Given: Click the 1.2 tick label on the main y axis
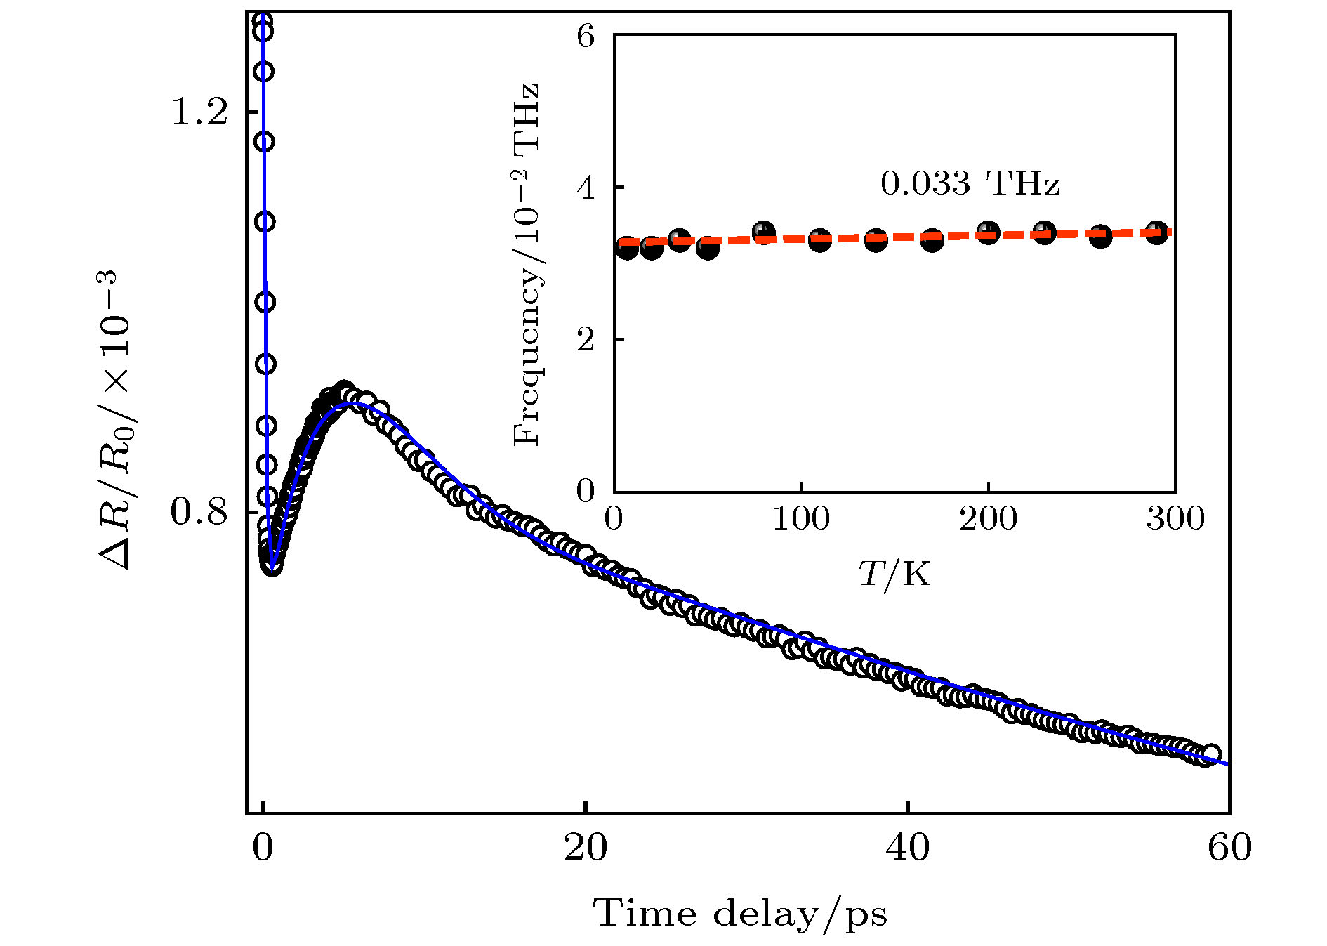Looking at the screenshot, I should point(199,112).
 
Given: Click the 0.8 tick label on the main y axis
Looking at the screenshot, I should point(199,512).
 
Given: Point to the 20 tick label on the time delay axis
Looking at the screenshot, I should point(585,848).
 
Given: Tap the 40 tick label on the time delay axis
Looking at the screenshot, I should point(907,848).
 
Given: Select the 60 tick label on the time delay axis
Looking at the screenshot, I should point(1229,848).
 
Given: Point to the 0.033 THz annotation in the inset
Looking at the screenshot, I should point(970,184).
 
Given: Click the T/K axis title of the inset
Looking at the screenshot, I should point(894,574).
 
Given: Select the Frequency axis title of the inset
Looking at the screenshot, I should point(527,264).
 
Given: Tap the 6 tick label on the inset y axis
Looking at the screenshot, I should point(586,35).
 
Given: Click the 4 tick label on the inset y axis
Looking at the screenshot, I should point(586,188).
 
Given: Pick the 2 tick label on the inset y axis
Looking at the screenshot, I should point(586,339).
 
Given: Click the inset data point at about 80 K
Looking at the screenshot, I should point(763,232).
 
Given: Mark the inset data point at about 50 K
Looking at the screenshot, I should point(708,247).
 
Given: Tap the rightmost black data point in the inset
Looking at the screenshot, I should point(1156,232).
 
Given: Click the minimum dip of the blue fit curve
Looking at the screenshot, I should point(273,562).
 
